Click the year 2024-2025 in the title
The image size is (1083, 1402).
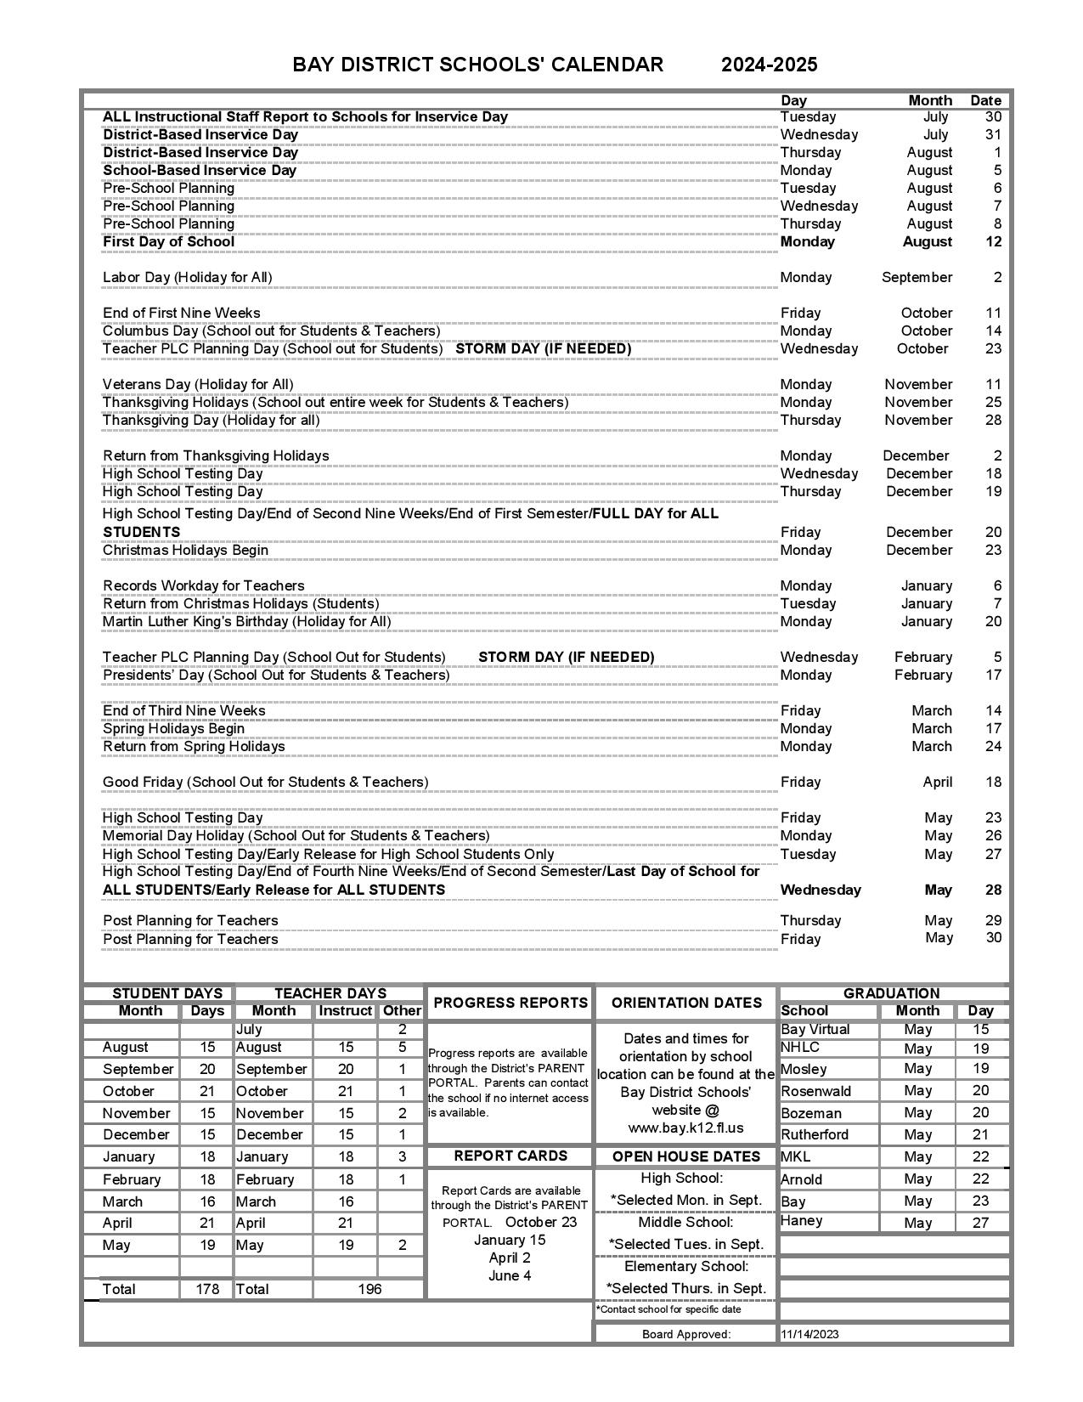click(769, 65)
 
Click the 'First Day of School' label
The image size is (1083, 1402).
click(168, 241)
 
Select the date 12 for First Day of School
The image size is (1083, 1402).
click(993, 241)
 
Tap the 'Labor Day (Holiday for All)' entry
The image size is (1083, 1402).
click(187, 277)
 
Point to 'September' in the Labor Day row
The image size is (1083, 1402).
click(917, 277)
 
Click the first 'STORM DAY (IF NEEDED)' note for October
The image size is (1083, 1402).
click(544, 348)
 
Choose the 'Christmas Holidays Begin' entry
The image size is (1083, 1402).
click(185, 550)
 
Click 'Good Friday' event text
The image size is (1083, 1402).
click(265, 782)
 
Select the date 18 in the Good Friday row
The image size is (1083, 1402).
click(993, 782)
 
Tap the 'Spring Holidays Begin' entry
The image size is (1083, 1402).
click(173, 728)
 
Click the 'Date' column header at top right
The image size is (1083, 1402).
click(985, 100)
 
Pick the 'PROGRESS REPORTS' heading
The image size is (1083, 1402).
click(510, 1003)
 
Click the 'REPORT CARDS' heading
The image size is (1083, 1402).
click(510, 1156)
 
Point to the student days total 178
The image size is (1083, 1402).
click(207, 1289)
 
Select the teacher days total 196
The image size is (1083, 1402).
click(369, 1289)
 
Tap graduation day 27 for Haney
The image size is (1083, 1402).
click(980, 1223)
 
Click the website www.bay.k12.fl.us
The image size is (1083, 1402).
click(685, 1128)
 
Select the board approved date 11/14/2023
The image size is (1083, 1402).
click(809, 1334)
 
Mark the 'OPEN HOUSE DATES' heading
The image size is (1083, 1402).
click(685, 1156)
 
